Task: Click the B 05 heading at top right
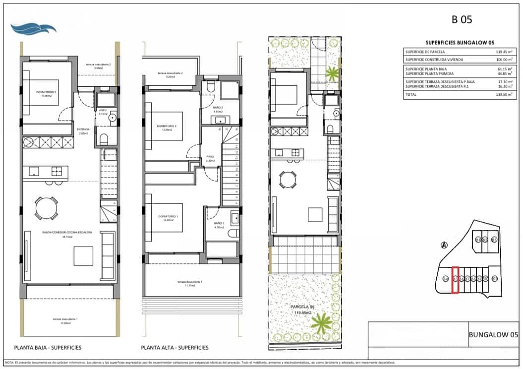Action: pos(462,20)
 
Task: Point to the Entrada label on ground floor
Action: pos(83,130)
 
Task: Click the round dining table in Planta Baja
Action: pos(46,206)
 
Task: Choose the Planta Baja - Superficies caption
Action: pos(48,348)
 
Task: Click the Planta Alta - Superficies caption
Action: pos(174,348)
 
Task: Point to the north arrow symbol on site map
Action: pos(444,244)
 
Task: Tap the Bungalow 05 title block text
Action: pos(493,335)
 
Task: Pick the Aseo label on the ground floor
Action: pos(103,111)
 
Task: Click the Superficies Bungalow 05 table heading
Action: pos(460,43)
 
